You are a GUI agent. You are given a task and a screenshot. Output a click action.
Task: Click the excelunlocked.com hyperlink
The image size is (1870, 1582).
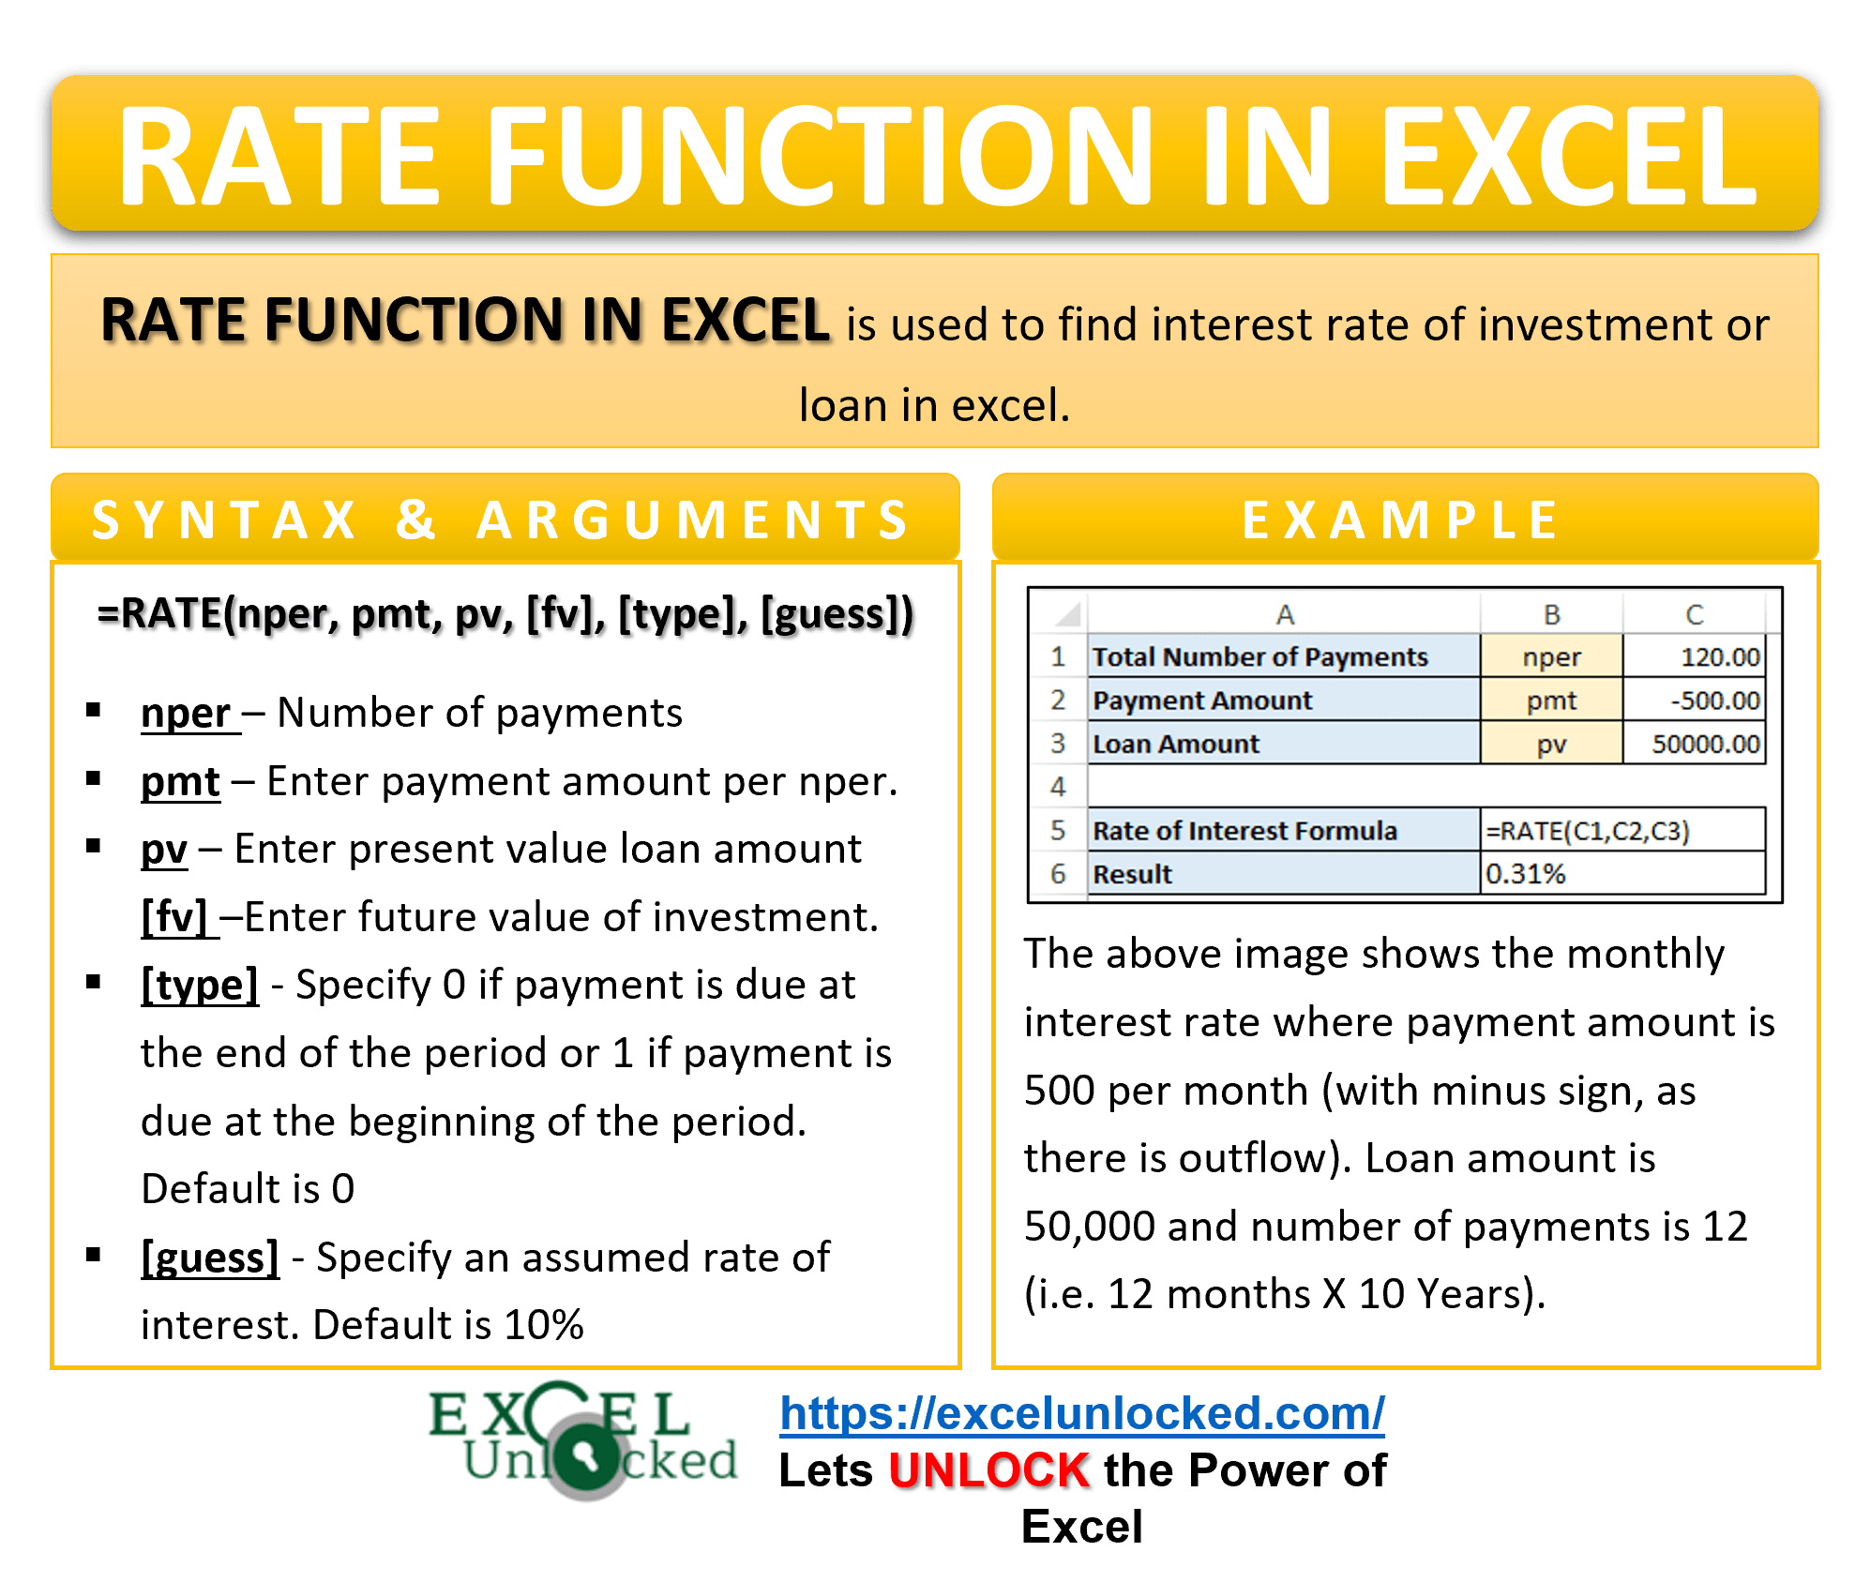click(1081, 1413)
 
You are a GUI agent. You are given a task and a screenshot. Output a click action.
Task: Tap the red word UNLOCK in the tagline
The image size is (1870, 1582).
click(990, 1470)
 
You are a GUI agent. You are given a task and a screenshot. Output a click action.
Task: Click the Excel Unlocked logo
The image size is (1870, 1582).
click(583, 1440)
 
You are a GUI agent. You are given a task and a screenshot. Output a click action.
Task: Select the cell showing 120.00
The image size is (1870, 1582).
click(1693, 656)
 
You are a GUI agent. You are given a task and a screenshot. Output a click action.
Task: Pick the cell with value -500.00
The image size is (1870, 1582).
click(1693, 701)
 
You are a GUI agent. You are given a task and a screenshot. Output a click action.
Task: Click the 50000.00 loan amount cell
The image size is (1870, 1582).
click(1693, 744)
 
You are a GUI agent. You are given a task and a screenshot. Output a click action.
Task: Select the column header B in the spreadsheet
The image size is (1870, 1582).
click(1551, 615)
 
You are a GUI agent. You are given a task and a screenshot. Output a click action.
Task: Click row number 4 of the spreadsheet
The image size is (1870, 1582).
click(1058, 787)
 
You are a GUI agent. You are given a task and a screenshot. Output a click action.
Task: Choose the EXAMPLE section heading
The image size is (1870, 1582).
click(1403, 520)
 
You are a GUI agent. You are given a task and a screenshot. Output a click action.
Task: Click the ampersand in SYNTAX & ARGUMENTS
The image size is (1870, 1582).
click(415, 520)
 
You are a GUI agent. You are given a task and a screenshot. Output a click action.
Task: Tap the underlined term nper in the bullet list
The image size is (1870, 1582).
click(186, 714)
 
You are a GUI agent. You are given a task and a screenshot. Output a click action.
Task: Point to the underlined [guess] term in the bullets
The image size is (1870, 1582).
click(210, 1258)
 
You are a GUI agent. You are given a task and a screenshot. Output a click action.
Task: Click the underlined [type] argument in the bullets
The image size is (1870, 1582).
click(200, 986)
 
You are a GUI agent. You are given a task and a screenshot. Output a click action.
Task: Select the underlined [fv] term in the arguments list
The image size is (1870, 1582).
click(174, 917)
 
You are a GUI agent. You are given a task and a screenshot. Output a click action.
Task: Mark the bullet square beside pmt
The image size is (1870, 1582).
click(93, 778)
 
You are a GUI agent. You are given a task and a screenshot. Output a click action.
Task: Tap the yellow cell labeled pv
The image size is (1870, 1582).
click(1551, 744)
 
